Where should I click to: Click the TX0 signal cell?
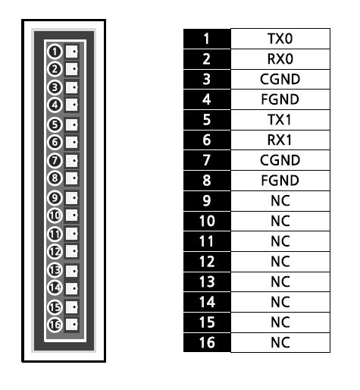click(x=280, y=39)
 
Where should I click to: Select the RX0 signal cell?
click(x=280, y=59)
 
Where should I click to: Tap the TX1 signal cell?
click(x=280, y=120)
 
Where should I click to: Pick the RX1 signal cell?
click(x=280, y=140)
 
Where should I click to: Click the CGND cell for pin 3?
click(x=280, y=79)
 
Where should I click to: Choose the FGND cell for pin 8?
click(x=280, y=181)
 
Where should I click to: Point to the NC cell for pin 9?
click(x=280, y=201)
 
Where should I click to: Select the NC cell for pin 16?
click(x=280, y=342)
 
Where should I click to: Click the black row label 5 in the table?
click(x=207, y=120)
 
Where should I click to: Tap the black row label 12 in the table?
click(x=207, y=262)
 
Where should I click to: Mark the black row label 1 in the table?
click(x=207, y=39)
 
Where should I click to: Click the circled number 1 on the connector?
click(x=55, y=52)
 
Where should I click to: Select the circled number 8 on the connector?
click(x=55, y=178)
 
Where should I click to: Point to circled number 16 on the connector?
click(x=55, y=325)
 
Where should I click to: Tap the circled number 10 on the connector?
click(x=55, y=215)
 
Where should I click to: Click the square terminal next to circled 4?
click(x=72, y=105)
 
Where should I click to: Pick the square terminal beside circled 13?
click(x=72, y=271)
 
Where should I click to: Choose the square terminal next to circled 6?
click(x=72, y=142)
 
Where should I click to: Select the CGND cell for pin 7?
click(x=280, y=160)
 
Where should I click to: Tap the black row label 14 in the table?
click(x=207, y=302)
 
